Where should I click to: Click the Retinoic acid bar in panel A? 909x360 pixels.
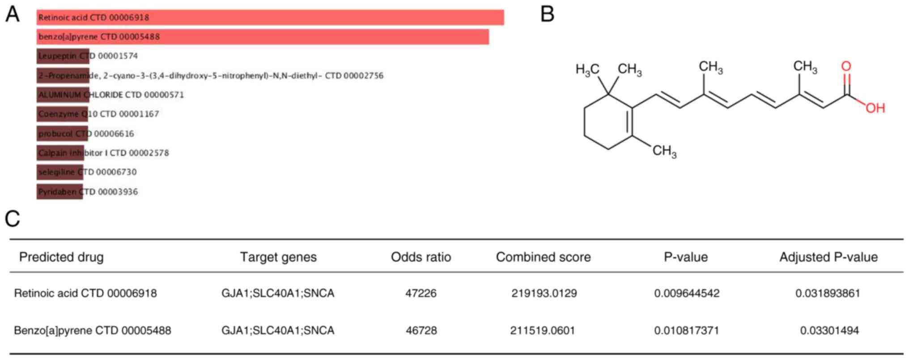270,17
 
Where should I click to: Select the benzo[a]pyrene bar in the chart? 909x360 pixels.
263,37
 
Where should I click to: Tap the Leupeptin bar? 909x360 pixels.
63,56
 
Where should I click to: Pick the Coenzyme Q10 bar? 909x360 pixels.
62,114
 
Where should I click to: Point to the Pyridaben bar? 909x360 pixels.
59,192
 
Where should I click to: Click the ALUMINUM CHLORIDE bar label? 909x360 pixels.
111,95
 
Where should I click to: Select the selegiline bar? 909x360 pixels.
59,172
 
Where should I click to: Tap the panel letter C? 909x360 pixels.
13,219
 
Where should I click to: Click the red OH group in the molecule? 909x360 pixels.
875,108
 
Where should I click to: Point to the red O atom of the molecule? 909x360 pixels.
846,66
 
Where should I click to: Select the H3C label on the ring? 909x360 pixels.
587,69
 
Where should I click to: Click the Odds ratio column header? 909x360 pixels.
421,257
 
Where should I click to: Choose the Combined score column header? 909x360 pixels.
543,257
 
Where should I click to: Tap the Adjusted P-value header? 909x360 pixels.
828,257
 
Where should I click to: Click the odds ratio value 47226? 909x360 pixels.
421,293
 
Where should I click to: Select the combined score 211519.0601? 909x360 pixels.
542,330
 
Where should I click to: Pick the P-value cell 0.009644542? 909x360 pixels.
687,293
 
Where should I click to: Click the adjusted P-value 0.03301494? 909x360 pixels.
829,330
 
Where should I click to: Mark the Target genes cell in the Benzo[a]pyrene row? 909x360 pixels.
278,330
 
